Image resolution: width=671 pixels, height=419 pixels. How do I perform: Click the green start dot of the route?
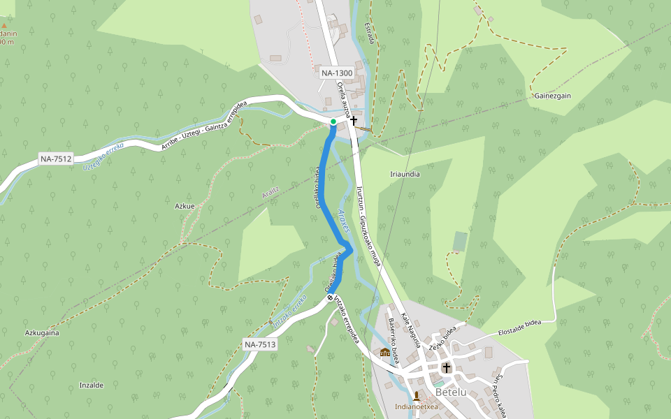coord(333,122)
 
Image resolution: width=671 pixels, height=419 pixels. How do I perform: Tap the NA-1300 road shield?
coord(336,73)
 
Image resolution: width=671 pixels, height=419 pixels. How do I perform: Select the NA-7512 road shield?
coord(57,159)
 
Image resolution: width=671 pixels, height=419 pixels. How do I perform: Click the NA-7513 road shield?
coord(261,344)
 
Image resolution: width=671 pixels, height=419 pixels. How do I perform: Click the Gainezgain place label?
coord(553,96)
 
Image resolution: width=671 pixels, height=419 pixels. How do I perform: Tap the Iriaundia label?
coord(405,174)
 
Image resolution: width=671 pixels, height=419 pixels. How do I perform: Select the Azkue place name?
coord(184,206)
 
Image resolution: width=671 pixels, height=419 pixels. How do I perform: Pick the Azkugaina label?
coord(42,333)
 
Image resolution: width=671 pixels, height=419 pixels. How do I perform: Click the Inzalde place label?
coord(92,385)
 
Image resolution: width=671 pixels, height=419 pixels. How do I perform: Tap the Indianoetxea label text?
coord(416,406)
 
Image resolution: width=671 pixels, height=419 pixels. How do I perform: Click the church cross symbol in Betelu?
coord(447,367)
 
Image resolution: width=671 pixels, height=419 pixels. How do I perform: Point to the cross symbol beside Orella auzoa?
coord(354,121)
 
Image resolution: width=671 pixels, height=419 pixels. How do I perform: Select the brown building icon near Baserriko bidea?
coord(384,352)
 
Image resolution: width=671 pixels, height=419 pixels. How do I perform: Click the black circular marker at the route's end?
coord(330,298)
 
